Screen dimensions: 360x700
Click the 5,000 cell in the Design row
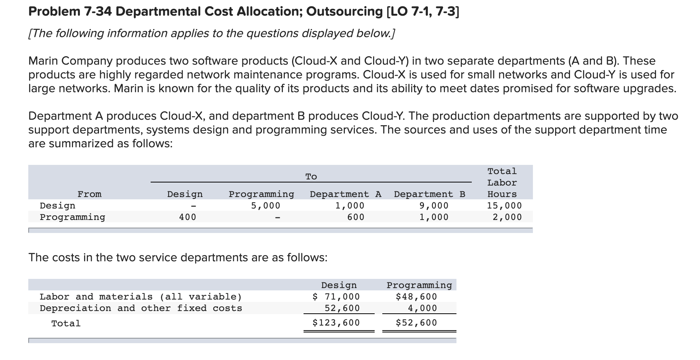[x=265, y=206]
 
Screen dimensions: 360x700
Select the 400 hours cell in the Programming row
[x=187, y=217]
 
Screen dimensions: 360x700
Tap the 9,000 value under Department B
[x=434, y=206]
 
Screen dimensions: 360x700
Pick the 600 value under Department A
[x=356, y=217]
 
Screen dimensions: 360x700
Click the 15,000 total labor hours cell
[x=504, y=206]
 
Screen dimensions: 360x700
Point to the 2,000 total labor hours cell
[x=507, y=217]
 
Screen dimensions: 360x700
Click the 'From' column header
[x=89, y=194]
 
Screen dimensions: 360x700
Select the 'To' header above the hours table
[x=311, y=177]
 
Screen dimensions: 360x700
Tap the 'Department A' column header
[x=345, y=194]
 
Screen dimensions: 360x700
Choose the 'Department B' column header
[x=429, y=194]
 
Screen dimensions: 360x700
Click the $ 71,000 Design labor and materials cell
[x=336, y=297]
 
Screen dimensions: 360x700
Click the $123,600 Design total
[x=336, y=323]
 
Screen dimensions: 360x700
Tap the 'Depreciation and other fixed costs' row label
[x=141, y=308]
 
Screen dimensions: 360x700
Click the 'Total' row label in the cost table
[x=66, y=324]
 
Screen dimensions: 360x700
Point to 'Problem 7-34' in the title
[x=70, y=12]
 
